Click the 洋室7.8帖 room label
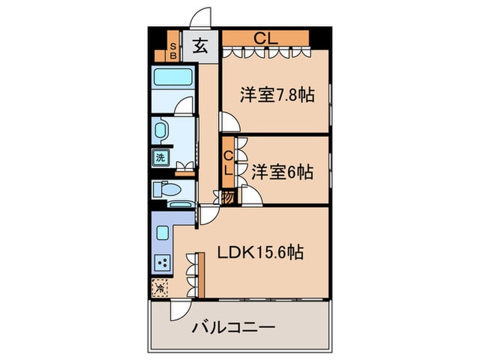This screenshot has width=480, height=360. click(277, 95)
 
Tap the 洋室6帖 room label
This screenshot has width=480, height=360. click(282, 172)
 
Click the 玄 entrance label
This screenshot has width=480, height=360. click(200, 47)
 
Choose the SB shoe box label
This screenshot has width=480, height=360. click(173, 50)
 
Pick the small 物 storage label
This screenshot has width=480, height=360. click(228, 196)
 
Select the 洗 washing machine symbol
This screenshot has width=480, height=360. click(160, 157)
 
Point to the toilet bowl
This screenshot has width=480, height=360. click(167, 189)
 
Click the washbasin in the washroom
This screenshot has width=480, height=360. click(162, 130)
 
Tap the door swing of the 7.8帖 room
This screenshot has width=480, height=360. click(230, 121)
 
